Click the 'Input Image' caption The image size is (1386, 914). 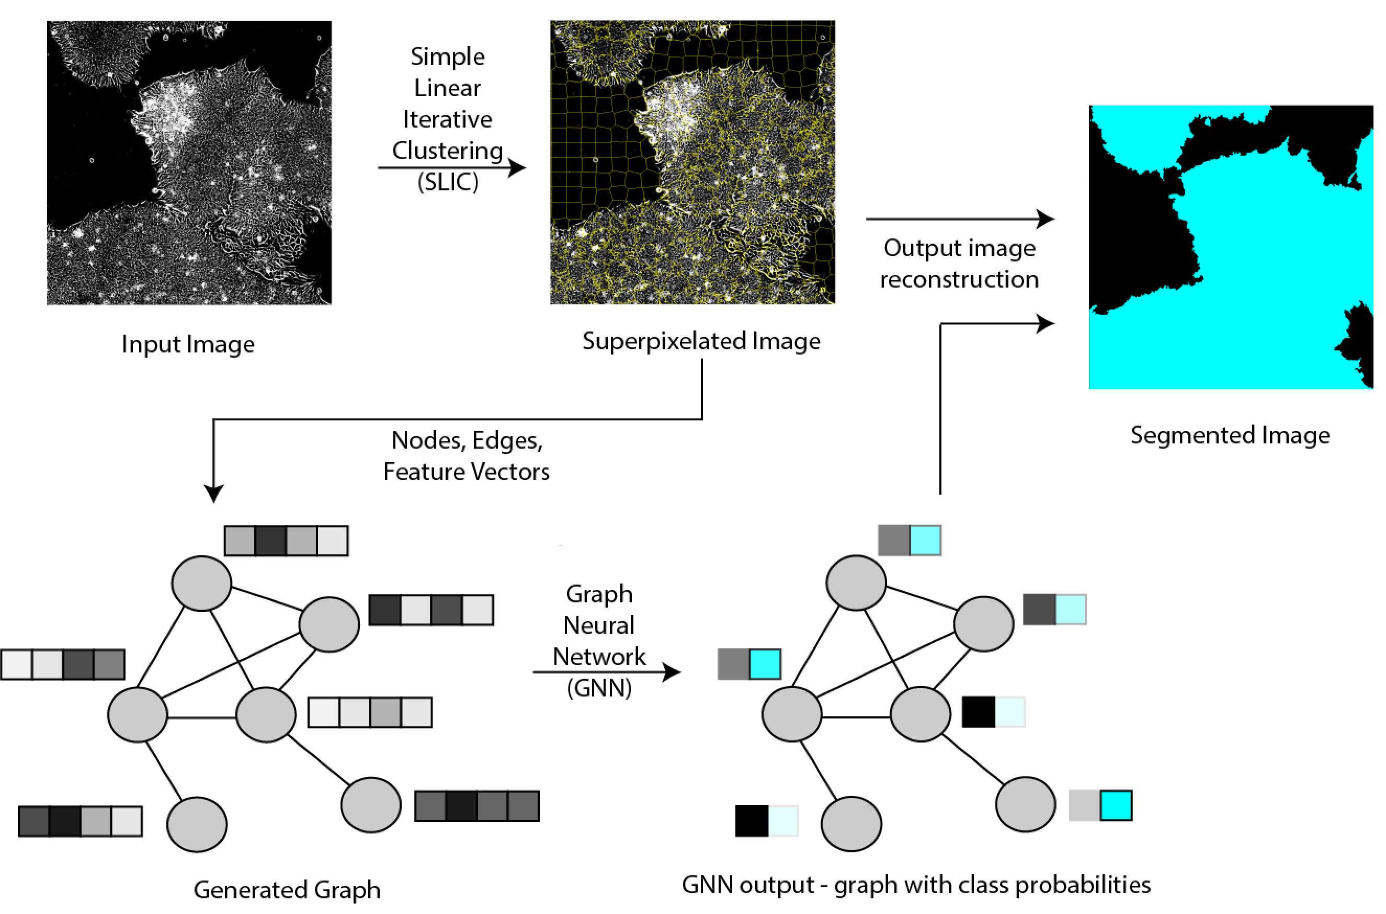point(188,344)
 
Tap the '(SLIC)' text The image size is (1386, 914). point(447,182)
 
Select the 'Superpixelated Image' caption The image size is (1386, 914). point(701,341)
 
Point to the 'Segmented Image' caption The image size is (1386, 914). point(1230,435)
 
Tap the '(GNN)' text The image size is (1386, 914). point(599,688)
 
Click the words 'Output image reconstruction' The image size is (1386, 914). point(959,264)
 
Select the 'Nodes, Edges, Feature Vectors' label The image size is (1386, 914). point(466,455)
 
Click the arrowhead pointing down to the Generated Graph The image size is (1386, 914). point(213,493)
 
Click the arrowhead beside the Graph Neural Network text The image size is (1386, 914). point(672,672)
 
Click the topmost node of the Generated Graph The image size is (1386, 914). point(202,583)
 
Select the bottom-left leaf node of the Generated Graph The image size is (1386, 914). point(197,824)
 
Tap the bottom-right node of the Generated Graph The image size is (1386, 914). point(371,804)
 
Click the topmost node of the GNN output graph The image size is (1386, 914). point(856,583)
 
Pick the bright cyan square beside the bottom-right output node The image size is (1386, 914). point(1116,805)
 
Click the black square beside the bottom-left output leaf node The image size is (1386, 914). point(752,821)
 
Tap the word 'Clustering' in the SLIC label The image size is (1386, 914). point(447,151)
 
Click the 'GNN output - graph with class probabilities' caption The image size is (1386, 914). point(915,885)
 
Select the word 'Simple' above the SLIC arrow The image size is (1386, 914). point(447,56)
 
